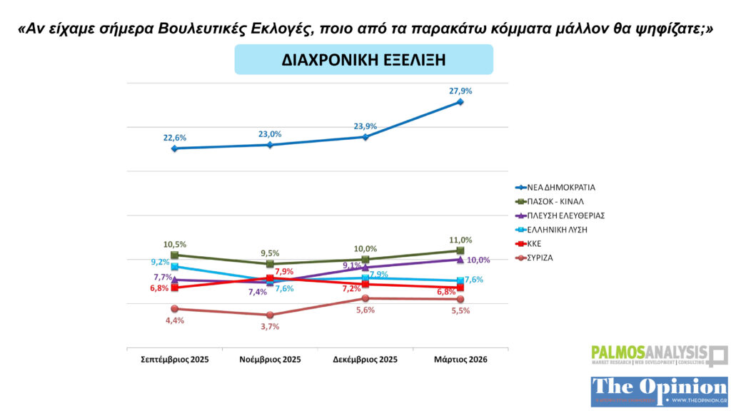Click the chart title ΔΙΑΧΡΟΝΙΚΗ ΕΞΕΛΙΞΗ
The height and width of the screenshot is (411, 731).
tap(363, 60)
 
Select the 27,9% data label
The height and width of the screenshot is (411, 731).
tap(461, 91)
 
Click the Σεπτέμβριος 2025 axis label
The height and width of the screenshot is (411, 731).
tap(174, 360)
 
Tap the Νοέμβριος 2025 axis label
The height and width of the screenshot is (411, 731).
tap(270, 360)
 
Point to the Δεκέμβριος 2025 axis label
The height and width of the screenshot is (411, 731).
tap(365, 360)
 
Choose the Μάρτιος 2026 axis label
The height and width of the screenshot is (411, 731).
tap(460, 360)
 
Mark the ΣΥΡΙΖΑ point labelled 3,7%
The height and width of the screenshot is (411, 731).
tap(270, 315)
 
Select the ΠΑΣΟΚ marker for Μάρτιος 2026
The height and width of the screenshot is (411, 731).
tap(460, 250)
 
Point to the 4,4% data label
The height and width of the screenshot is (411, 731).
tap(174, 320)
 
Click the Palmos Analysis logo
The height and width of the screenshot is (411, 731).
tap(658, 355)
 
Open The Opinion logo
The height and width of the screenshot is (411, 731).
tap(659, 392)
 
